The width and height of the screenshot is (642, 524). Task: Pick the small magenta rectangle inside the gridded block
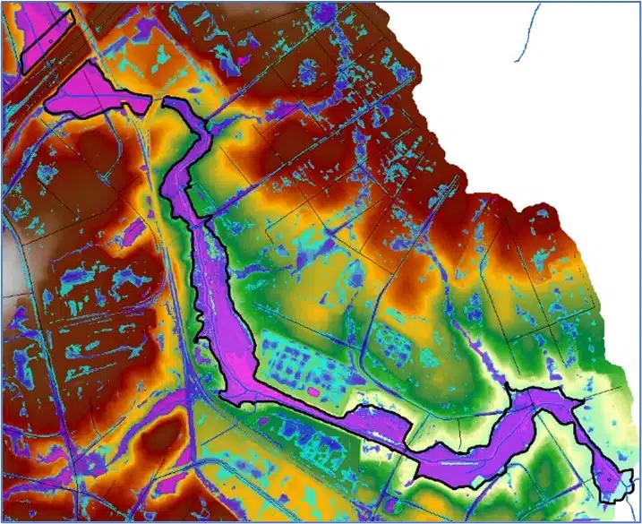313,391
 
